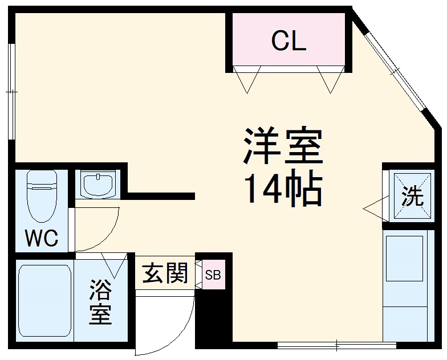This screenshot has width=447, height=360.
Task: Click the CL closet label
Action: pos(288,41)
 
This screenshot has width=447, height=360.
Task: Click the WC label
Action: pos(42,239)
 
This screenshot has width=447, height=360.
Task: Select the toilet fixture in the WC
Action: pos(42,197)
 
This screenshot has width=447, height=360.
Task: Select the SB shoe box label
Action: pos(213,275)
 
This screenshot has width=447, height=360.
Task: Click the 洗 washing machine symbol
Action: pos(412,197)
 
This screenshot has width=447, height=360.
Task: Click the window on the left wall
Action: pos(10,91)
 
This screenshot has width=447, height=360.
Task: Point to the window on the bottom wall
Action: pos(336,345)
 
